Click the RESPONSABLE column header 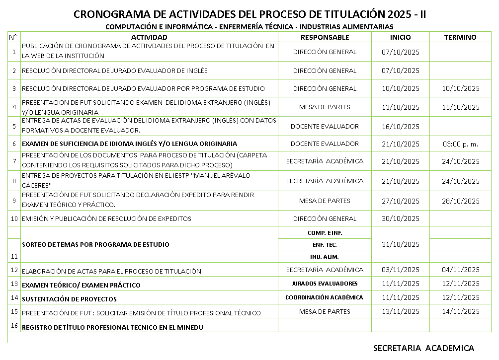[x=325, y=37]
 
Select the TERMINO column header [x=460, y=37]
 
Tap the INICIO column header [x=400, y=37]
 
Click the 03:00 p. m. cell [x=460, y=144]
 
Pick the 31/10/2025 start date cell [x=400, y=244]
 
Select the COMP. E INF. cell [x=325, y=233]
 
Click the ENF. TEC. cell [x=325, y=245]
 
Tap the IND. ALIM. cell [x=325, y=257]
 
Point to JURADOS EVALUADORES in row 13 [x=325, y=284]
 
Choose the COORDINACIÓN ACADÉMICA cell [x=325, y=297]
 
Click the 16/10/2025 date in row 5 [x=400, y=127]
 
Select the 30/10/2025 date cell [x=400, y=218]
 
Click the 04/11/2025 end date [x=460, y=270]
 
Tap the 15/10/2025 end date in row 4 [x=460, y=107]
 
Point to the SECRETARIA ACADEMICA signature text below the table [x=423, y=348]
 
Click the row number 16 [x=14, y=326]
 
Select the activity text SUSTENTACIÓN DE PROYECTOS [x=69, y=299]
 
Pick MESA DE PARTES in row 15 [x=325, y=312]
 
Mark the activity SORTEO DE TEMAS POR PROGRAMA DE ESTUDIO [x=95, y=244]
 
